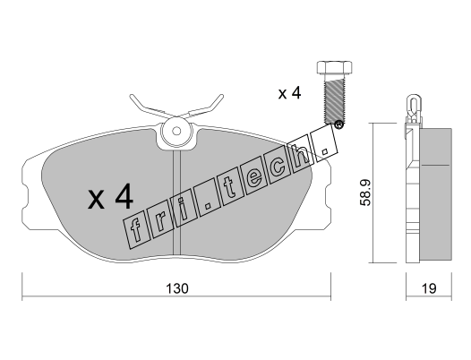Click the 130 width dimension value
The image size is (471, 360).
pyautogui.click(x=177, y=288)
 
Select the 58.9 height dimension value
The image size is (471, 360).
pyautogui.click(x=365, y=193)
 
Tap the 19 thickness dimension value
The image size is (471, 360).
pyautogui.click(x=429, y=288)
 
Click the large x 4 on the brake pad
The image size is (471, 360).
pyautogui.click(x=110, y=197)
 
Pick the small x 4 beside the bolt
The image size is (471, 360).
pyautogui.click(x=289, y=93)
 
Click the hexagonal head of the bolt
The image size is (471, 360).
pyautogui.click(x=334, y=67)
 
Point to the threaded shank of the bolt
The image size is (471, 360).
pyautogui.click(x=334, y=99)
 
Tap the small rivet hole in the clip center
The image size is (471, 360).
pyautogui.click(x=177, y=131)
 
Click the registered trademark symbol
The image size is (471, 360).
pyautogui.click(x=338, y=124)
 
